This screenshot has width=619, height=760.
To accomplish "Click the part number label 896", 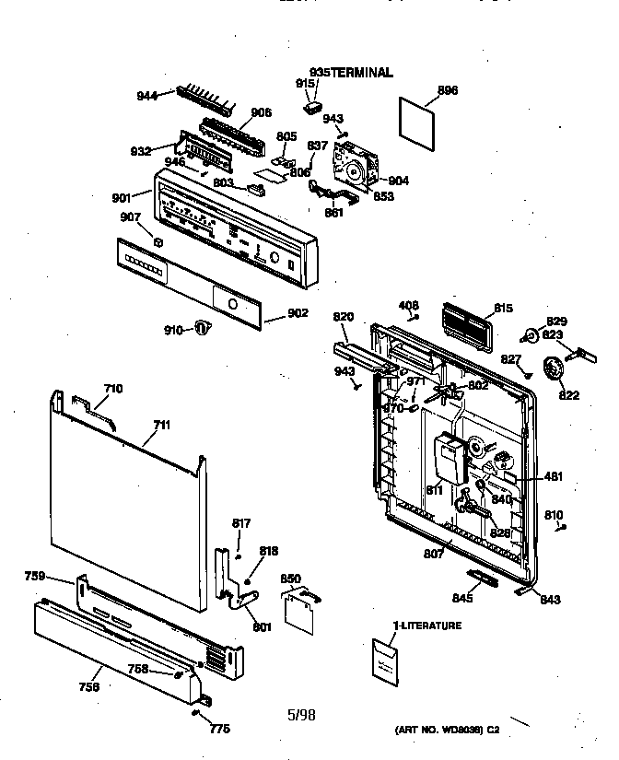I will (448, 90).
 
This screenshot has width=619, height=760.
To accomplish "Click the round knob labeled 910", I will (204, 327).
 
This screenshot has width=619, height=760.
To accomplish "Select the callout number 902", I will (298, 313).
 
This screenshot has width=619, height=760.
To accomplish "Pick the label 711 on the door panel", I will (161, 425).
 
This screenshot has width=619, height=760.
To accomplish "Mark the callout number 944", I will (146, 94).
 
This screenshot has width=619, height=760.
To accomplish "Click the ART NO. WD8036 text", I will (446, 729).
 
